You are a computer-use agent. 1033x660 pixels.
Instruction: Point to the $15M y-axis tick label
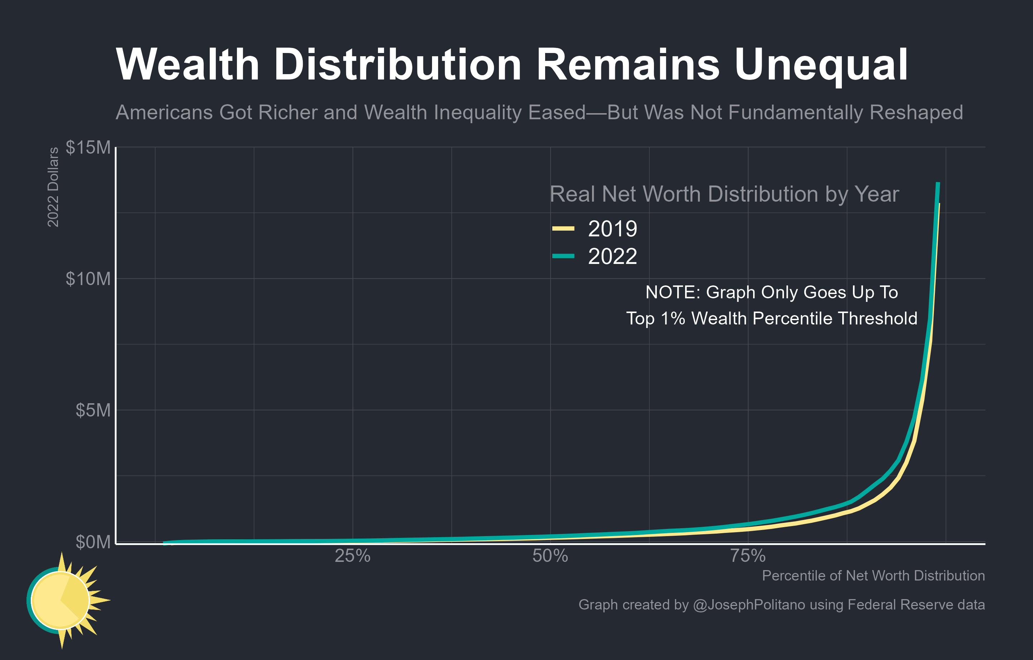click(x=88, y=147)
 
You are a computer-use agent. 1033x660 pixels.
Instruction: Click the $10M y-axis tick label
click(x=88, y=279)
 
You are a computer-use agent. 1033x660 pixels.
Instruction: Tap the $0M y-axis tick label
click(x=93, y=541)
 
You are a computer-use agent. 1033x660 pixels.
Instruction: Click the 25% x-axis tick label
click(x=352, y=556)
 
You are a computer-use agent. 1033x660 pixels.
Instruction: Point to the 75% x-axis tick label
click(x=748, y=556)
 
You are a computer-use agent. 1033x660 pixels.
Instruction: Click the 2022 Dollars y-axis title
click(x=52, y=187)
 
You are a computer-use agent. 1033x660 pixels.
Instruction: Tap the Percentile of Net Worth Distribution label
click(x=873, y=575)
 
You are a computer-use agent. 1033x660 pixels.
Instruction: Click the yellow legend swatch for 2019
click(x=563, y=228)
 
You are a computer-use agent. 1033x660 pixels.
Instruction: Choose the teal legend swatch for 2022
click(x=563, y=256)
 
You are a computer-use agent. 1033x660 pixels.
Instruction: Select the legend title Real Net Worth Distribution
click(x=724, y=194)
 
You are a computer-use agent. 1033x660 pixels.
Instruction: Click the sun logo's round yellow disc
click(x=60, y=600)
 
